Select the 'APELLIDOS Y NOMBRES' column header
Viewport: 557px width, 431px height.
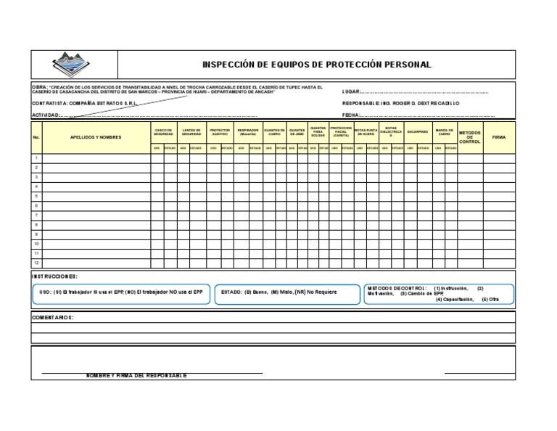(96, 136)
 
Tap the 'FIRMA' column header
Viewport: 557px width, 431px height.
(499, 136)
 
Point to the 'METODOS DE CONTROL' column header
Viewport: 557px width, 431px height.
(470, 136)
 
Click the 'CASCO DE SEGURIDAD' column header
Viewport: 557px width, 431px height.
(164, 133)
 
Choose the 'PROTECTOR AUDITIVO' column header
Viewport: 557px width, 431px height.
(220, 133)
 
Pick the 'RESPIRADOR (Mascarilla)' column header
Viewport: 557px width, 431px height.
(248, 133)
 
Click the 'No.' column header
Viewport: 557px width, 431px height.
(36, 136)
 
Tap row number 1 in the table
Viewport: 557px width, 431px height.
(36, 158)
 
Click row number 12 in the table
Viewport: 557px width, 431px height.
(36, 263)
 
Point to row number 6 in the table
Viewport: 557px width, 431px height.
(36, 205)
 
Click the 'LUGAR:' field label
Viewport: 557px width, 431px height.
(351, 93)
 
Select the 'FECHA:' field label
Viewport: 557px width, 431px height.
(351, 115)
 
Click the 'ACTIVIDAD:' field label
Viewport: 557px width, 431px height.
(46, 115)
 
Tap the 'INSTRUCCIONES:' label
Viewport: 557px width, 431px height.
(54, 276)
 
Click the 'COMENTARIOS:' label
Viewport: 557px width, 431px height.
(53, 318)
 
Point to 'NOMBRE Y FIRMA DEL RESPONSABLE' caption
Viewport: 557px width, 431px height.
(136, 376)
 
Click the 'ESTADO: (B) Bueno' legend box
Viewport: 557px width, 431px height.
(288, 293)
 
